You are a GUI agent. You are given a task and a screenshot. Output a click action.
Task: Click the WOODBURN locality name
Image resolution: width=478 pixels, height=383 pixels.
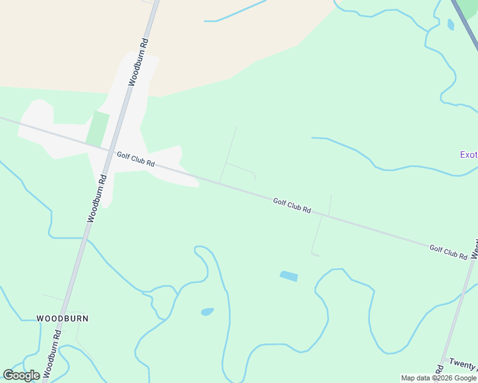62,318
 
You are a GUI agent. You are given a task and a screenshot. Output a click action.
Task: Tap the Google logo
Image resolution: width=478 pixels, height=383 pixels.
21,375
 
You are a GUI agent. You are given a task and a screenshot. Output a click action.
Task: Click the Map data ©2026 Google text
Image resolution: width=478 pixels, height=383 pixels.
438,378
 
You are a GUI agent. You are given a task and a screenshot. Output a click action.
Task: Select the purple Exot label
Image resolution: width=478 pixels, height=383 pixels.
468,154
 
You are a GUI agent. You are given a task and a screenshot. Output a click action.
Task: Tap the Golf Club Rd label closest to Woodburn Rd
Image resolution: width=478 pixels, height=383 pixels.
135,159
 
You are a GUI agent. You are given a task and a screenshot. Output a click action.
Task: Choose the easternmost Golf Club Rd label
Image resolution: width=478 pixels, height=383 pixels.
448,252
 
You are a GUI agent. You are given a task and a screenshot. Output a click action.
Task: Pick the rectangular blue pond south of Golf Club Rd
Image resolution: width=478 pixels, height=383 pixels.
289,276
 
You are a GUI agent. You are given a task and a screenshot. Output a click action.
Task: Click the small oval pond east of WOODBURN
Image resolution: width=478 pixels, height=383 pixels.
207,312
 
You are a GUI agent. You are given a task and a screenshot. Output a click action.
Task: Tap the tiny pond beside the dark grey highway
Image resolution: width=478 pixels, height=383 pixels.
451,25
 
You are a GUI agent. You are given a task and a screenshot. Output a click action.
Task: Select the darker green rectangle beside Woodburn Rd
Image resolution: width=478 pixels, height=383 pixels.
97,128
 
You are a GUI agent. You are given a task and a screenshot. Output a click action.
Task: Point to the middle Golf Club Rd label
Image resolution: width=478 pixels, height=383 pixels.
291,205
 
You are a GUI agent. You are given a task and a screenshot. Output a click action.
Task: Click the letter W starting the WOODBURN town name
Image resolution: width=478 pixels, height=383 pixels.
40,318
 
